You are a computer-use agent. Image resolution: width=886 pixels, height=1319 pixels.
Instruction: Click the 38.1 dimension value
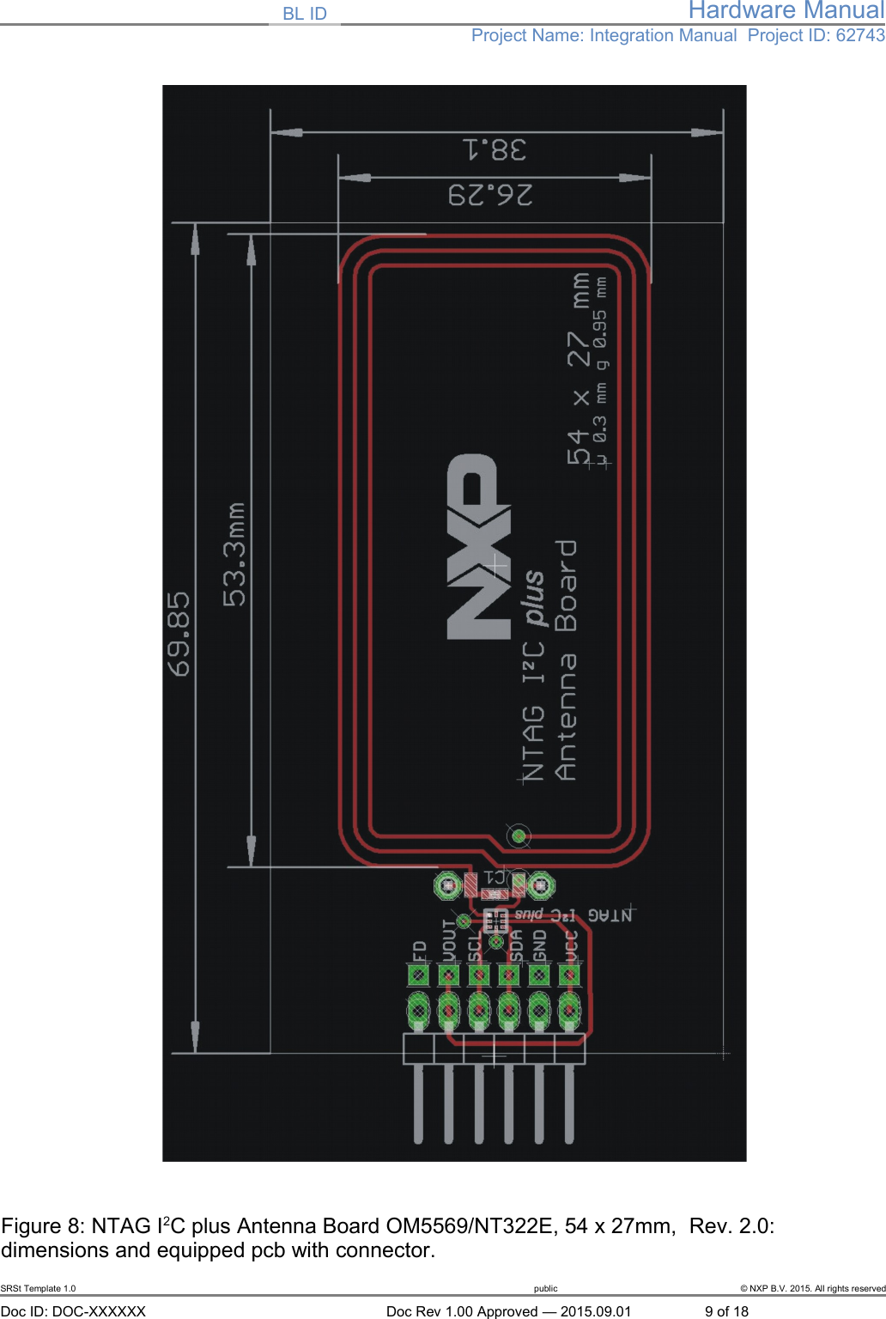tap(495, 150)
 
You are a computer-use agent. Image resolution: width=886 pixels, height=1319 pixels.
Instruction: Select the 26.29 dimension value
tap(490, 195)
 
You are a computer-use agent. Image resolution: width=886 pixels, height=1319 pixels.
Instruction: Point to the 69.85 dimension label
tap(179, 634)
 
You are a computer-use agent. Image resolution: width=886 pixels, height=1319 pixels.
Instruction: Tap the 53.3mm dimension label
tap(234, 555)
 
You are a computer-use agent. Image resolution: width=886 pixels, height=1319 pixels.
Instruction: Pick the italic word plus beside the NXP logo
tap(533, 598)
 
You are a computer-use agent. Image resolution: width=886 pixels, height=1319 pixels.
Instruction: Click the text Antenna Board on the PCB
tap(566, 659)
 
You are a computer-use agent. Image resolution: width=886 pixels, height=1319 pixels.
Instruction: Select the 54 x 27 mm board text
tap(579, 369)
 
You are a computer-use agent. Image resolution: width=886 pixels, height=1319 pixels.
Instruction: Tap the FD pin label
tap(419, 951)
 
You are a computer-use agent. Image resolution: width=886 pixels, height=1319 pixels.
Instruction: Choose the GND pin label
tap(539, 946)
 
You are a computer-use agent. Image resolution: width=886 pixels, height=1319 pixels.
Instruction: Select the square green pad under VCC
tap(569, 976)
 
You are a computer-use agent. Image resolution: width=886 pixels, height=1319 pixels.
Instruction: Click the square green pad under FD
tap(418, 976)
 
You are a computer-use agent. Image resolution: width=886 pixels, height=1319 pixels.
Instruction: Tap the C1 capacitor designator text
tap(495, 878)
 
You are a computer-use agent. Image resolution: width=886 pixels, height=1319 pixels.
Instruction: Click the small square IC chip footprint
tap(495, 921)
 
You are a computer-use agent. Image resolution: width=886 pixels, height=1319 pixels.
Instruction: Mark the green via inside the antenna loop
tap(519, 835)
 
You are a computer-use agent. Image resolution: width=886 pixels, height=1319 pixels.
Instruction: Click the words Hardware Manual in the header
tap(786, 10)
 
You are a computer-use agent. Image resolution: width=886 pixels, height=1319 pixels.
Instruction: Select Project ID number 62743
tap(860, 35)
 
